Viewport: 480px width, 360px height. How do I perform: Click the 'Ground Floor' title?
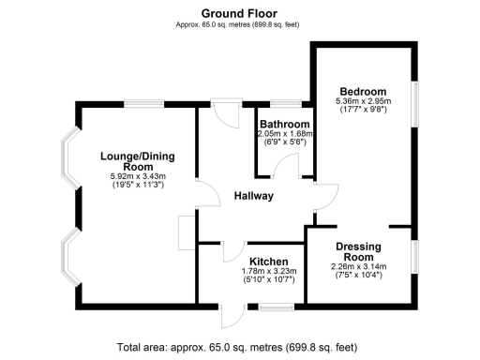point(240,13)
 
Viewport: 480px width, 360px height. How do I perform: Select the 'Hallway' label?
point(253,196)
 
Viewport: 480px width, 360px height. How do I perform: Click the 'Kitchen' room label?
point(268,262)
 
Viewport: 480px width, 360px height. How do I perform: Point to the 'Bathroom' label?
point(284,124)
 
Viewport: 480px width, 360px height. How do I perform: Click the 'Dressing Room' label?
point(359,251)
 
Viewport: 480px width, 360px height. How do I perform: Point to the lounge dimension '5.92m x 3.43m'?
point(137,176)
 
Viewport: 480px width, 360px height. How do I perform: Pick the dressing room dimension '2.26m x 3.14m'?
point(359,266)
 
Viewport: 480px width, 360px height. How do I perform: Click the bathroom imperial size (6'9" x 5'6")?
point(284,142)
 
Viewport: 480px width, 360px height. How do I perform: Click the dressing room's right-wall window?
point(414,257)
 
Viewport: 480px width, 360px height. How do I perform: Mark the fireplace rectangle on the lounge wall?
point(184,230)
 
